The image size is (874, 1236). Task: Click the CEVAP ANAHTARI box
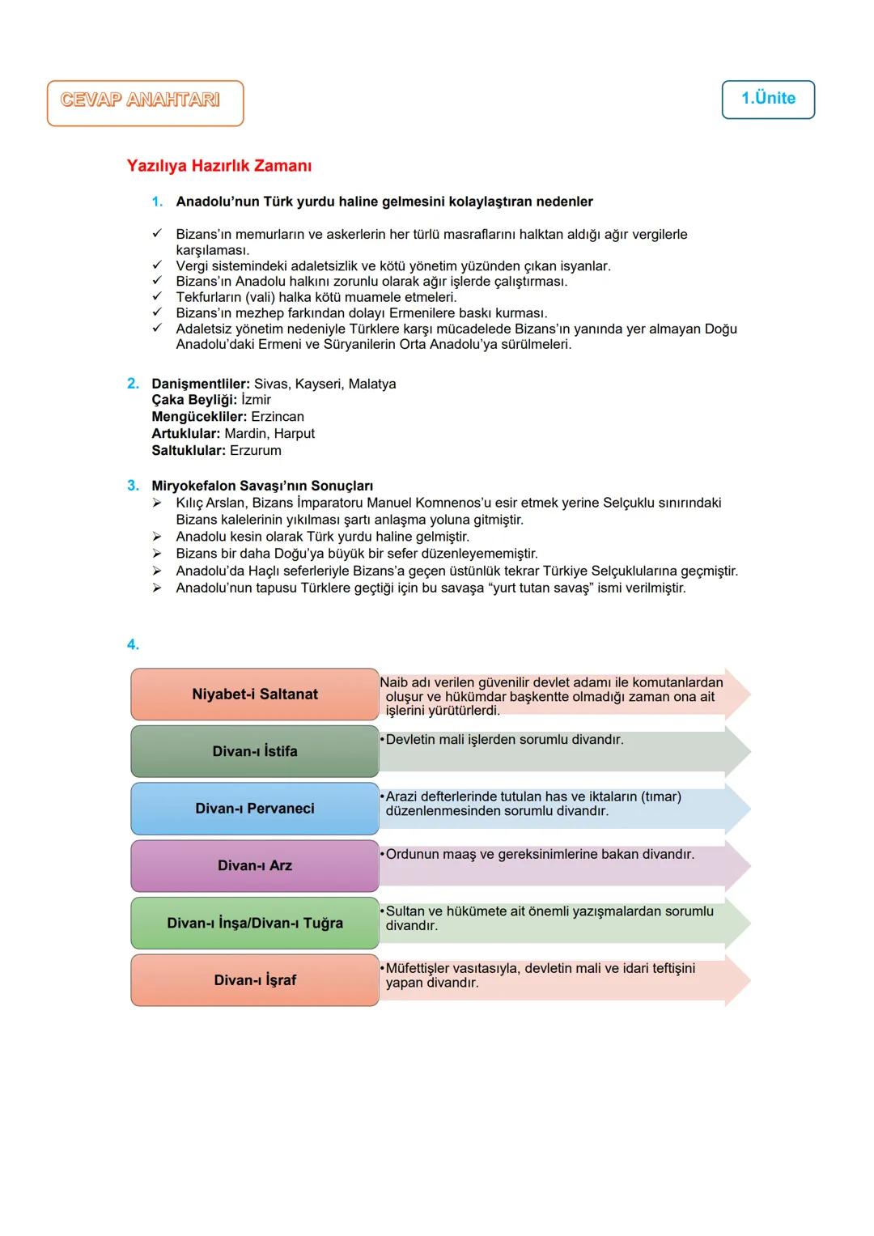145,103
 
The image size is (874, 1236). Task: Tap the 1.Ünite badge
768,100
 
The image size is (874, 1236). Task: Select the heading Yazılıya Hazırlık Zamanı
219,166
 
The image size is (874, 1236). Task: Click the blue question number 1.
157,202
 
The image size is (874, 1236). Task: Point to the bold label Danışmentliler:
201,384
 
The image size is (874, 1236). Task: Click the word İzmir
256,400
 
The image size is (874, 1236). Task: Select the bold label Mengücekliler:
199,417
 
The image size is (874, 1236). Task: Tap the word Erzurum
256,451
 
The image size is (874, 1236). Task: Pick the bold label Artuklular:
185,434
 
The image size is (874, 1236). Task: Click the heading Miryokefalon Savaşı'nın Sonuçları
262,486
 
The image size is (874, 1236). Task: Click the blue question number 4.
133,644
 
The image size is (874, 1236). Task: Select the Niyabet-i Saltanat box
255,694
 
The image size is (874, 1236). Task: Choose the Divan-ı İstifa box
255,752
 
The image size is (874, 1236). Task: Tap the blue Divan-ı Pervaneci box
255,809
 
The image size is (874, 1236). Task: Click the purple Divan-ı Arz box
255,866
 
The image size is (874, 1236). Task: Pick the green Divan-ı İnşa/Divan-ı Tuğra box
255,924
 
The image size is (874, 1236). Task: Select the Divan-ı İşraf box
255,980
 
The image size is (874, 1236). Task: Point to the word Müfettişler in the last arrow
420,969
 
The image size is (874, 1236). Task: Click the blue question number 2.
133,384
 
